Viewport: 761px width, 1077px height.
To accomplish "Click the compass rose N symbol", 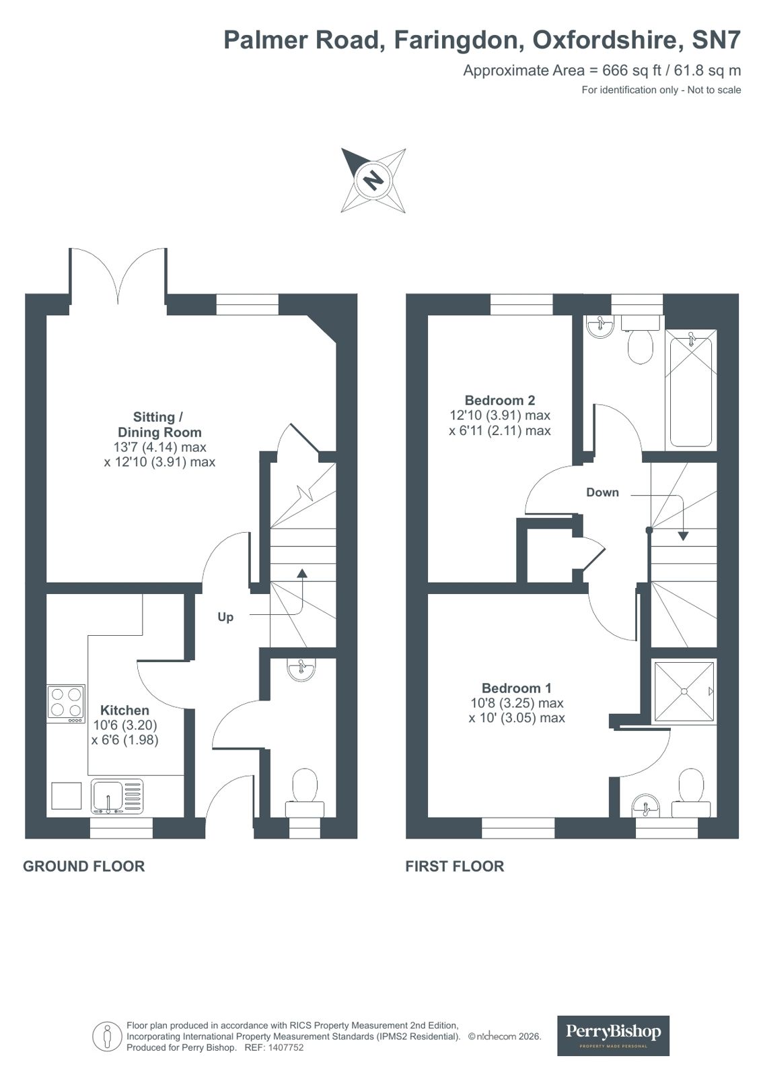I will point(373,181).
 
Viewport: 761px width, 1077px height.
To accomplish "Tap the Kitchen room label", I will point(124,710).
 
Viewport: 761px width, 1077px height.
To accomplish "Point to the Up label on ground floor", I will point(225,617).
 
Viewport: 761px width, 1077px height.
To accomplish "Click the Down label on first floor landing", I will point(602,492).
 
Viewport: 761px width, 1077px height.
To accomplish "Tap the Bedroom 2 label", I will point(500,400).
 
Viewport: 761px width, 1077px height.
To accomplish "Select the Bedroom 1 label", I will point(516,688).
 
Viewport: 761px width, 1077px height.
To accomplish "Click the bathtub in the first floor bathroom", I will point(690,391).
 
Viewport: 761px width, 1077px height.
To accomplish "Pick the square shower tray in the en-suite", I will point(684,691).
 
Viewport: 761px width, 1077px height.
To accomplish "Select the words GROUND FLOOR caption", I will point(83,866).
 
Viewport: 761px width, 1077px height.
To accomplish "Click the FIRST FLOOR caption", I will point(454,866).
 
